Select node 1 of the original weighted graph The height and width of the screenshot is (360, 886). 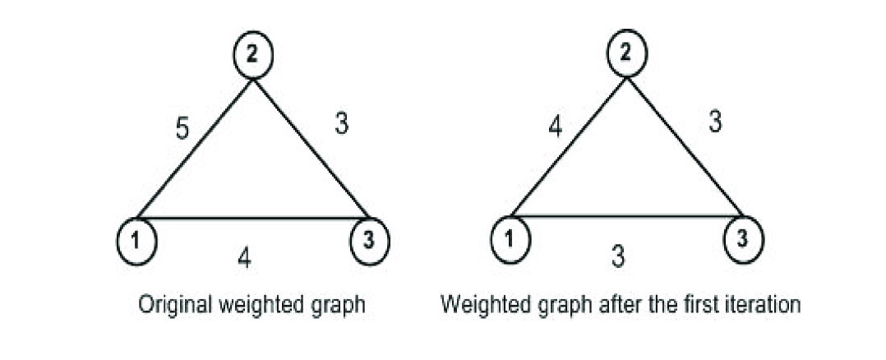(x=136, y=241)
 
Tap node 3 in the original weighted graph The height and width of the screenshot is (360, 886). (x=370, y=240)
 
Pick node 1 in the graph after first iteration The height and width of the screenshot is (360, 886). (x=510, y=240)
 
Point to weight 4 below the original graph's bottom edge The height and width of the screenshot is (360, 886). (x=244, y=261)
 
